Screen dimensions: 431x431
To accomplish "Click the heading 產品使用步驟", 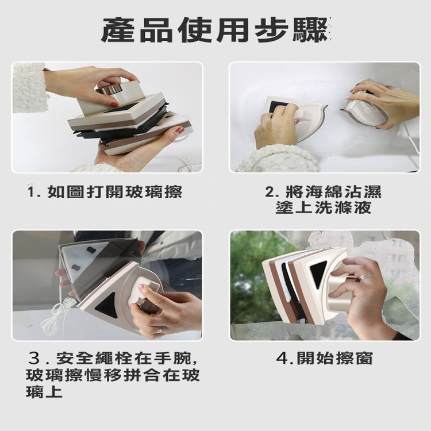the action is [x=215, y=30].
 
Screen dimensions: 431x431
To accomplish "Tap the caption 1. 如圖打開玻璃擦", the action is [x=105, y=191].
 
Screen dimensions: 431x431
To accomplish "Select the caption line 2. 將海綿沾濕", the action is [x=323, y=191].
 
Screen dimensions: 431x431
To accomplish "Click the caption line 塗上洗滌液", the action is [x=323, y=207].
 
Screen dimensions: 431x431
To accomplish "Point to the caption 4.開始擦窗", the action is [x=324, y=358].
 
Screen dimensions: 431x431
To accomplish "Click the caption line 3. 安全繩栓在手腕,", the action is [x=113, y=358].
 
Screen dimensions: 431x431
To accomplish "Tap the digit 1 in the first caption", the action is [x=31, y=192].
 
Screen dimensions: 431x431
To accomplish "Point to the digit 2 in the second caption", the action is [x=270, y=192].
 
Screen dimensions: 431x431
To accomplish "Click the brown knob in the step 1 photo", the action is [x=111, y=90].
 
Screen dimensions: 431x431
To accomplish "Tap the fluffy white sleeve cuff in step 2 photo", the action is [x=278, y=159].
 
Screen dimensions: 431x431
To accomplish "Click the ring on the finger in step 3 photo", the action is [x=159, y=330].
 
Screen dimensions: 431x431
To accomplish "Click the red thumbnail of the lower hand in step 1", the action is [x=180, y=130].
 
